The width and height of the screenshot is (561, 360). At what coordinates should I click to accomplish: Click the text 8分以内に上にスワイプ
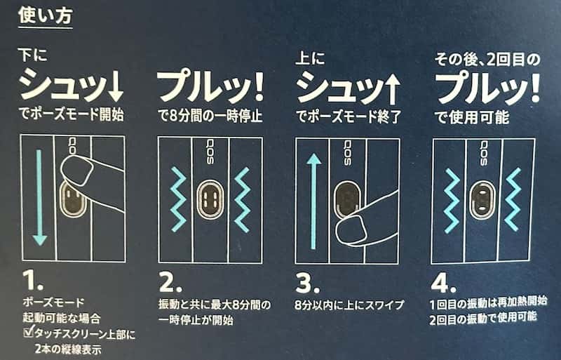point(349,306)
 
